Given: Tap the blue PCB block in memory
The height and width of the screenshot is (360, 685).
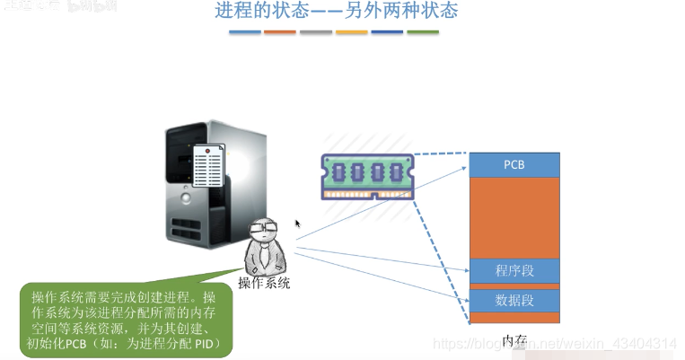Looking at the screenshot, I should [514, 165].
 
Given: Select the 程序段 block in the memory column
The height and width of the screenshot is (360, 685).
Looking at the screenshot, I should [514, 270].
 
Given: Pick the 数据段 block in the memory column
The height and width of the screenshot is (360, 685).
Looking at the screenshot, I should [514, 299].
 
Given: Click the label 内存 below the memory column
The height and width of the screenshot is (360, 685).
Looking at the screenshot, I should [514, 340].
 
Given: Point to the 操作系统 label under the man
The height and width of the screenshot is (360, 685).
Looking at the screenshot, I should [264, 284].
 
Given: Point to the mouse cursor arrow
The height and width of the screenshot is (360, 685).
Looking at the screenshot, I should [297, 224].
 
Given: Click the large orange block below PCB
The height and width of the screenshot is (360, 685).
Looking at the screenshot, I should [514, 217].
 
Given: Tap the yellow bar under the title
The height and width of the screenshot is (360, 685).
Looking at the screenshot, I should [351, 32].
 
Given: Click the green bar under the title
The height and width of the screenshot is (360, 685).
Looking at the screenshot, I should [422, 32].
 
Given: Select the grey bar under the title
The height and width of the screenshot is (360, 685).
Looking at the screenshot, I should [316, 32].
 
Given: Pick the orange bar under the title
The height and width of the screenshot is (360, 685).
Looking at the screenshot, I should [280, 32].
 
